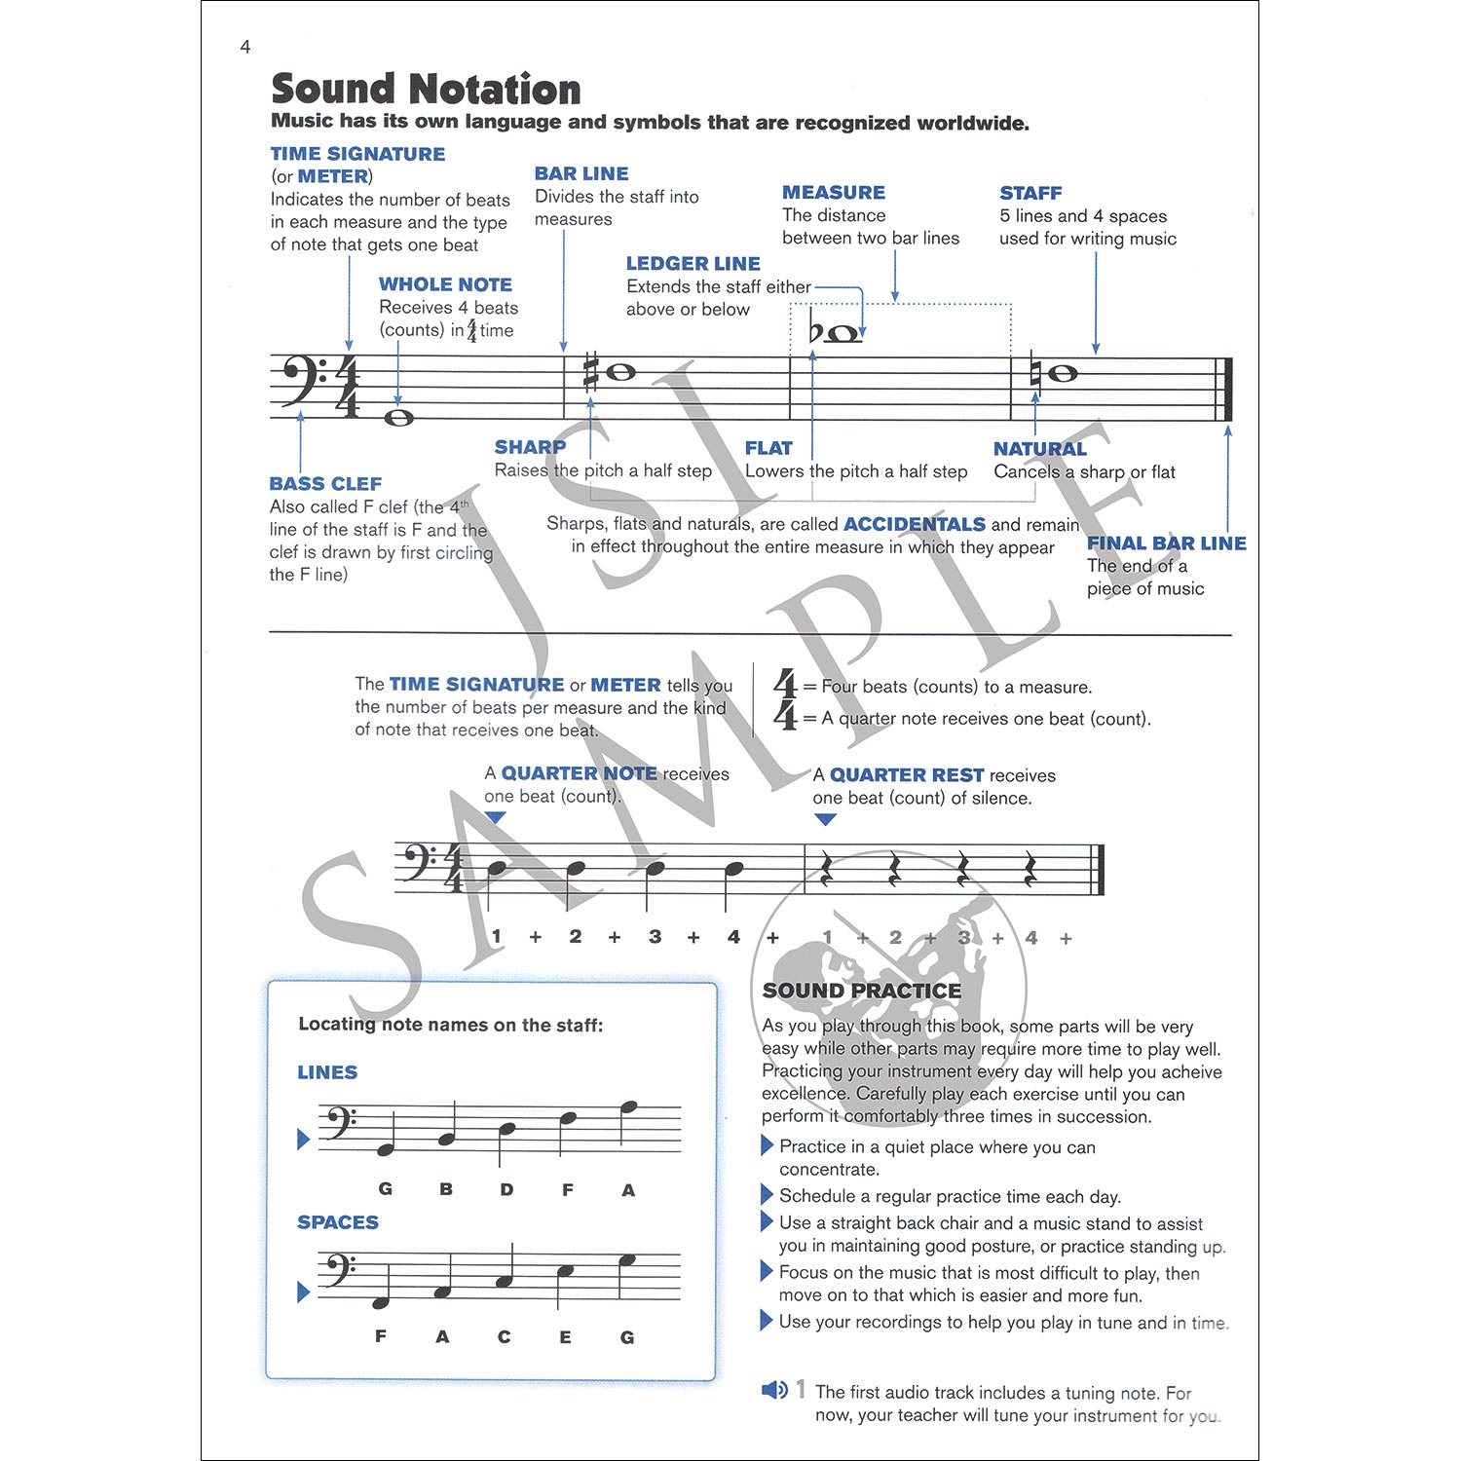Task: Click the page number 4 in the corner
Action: tap(245, 47)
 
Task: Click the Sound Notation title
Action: tap(426, 89)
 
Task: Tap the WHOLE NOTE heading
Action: tap(445, 284)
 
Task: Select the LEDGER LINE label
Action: tap(693, 263)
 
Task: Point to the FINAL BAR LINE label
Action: tap(1166, 543)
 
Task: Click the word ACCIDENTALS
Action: tap(914, 524)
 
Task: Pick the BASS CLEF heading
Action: tap(325, 484)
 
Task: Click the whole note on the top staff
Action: tap(398, 418)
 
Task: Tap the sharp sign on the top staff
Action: tap(590, 373)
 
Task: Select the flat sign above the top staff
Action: tap(816, 332)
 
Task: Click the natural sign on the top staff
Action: tap(1036, 373)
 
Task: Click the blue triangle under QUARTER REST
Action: tap(825, 820)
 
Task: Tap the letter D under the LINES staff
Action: tap(506, 1189)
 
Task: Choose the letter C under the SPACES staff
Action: tap(504, 1337)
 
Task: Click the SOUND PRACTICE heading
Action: tap(862, 991)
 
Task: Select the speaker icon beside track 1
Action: tap(774, 1390)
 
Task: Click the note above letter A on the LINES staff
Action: tap(628, 1106)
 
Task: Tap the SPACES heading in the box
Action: tap(337, 1222)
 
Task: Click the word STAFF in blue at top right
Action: tap(1030, 193)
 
